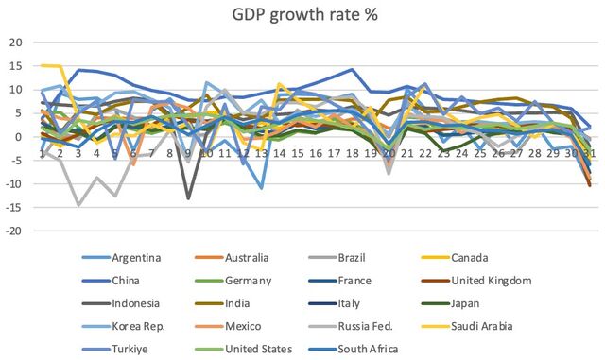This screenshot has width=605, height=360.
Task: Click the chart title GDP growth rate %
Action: tap(304, 15)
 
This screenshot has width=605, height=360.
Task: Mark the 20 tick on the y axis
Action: tap(16, 43)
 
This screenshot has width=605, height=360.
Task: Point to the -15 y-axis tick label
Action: tap(13, 208)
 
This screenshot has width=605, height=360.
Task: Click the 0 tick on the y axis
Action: tap(19, 137)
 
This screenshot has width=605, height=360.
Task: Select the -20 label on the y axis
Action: tap(13, 231)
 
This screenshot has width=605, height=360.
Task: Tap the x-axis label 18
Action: tap(352, 154)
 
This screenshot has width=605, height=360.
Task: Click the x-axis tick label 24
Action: tap(462, 154)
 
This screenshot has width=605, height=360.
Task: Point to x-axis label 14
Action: tap(279, 154)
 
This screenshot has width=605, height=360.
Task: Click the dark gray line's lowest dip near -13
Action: tap(188, 198)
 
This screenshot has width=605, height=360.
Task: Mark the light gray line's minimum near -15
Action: tap(78, 205)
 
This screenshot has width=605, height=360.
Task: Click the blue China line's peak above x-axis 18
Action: tap(352, 70)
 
